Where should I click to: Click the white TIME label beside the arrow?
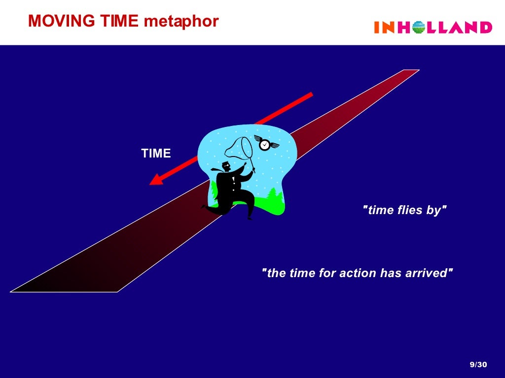pyautogui.click(x=156, y=154)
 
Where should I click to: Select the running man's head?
pyautogui.click(x=226, y=166)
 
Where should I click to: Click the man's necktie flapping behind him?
pyautogui.click(x=216, y=169)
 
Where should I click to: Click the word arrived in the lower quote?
pyautogui.click(x=430, y=273)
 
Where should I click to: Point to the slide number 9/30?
pyautogui.click(x=478, y=365)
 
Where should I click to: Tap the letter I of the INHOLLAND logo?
pyautogui.click(x=377, y=28)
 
